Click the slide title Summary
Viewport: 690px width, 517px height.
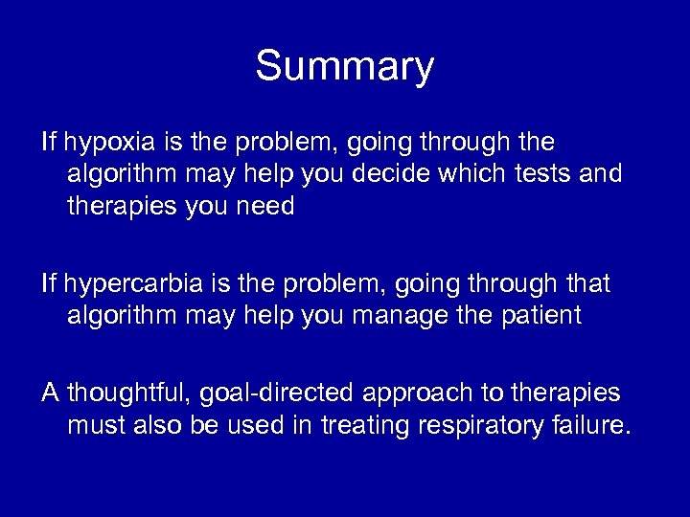click(x=344, y=68)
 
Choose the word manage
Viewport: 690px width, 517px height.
click(x=389, y=315)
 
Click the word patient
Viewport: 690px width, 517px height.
click(x=537, y=315)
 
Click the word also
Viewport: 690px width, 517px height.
click(x=156, y=424)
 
